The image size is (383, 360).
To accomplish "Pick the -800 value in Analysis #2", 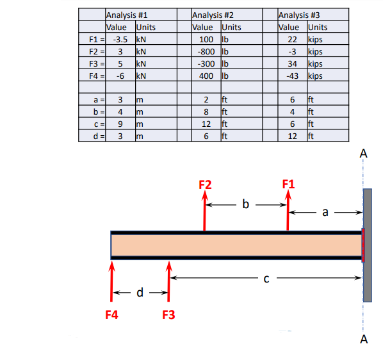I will [x=206, y=51].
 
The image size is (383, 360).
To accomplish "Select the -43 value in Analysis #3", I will [x=293, y=76].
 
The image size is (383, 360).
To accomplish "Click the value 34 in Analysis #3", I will [x=294, y=64].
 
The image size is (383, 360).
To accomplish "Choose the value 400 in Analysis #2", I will [x=206, y=76].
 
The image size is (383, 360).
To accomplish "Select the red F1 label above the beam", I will [x=289, y=185].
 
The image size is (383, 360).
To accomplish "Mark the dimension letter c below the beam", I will [x=266, y=278].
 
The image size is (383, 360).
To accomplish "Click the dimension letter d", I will [x=140, y=294].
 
